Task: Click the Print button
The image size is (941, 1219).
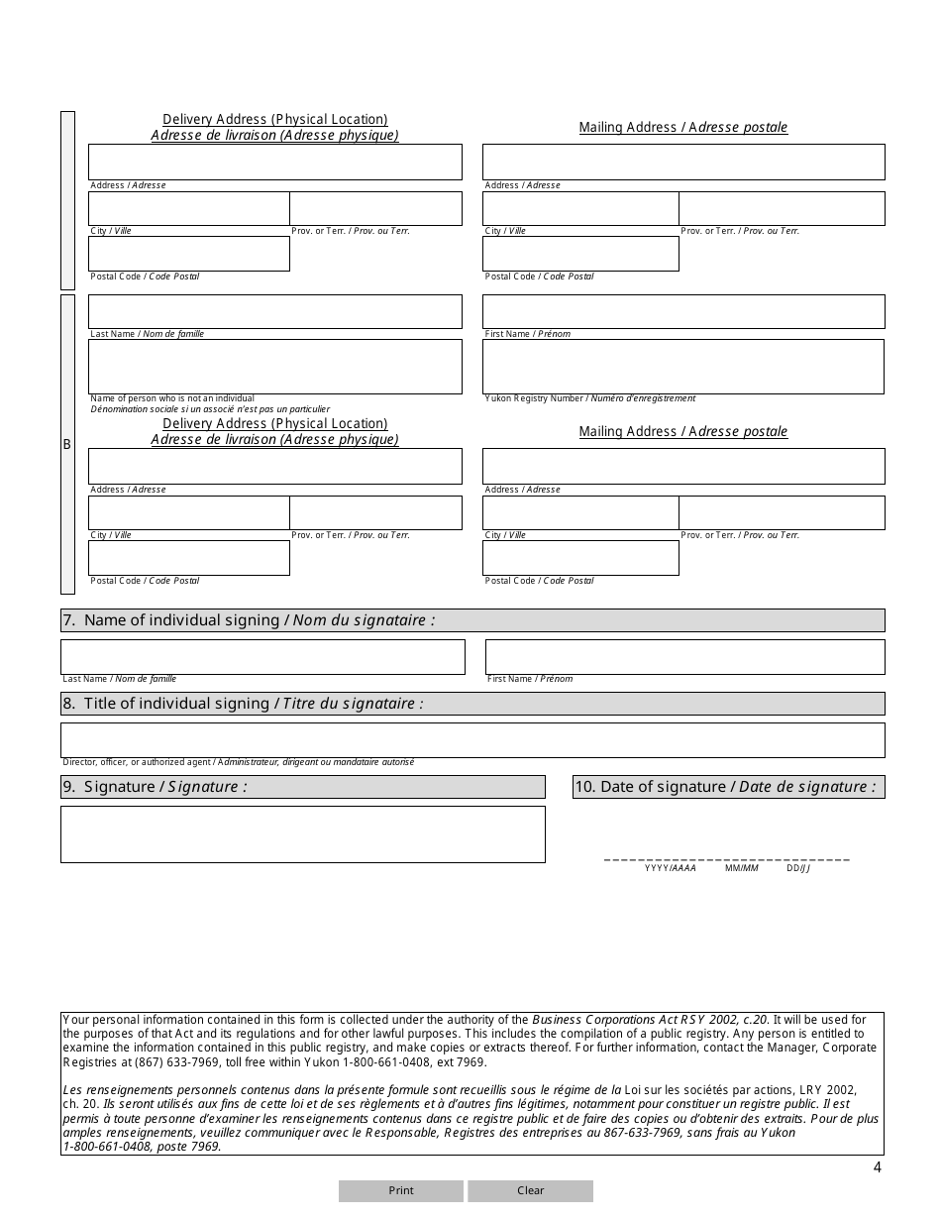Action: point(401,1190)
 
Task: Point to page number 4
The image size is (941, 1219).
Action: point(877,1166)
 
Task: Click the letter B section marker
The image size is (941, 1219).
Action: point(67,444)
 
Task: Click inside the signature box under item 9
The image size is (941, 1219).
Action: point(302,833)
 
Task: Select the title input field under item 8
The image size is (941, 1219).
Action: point(472,739)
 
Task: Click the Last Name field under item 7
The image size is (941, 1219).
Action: point(262,656)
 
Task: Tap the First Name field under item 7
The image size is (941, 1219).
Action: point(684,656)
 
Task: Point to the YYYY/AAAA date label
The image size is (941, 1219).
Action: point(671,868)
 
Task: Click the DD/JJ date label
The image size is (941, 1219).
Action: point(798,868)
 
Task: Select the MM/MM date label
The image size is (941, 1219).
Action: point(741,868)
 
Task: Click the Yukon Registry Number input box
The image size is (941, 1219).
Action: point(683,366)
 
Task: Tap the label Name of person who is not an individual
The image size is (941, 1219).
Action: point(172,398)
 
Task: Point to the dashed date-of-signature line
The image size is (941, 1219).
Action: point(727,858)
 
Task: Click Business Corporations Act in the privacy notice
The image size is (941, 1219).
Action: point(600,1019)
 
